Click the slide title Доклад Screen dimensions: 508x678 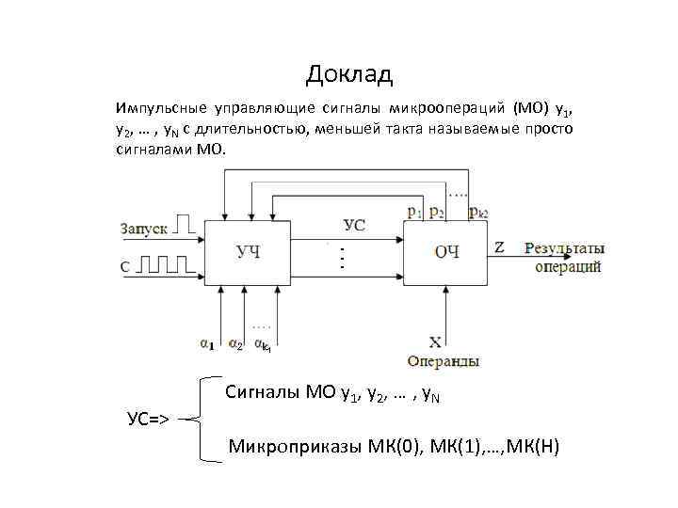point(348,72)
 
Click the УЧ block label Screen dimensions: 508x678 point(249,250)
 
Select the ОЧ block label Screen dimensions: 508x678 point(445,250)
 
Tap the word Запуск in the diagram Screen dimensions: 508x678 point(144,228)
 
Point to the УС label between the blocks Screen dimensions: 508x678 point(355,225)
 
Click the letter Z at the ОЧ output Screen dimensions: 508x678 point(499,247)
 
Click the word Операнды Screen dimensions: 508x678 point(444,361)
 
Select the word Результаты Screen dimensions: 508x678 point(563,248)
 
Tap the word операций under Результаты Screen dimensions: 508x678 point(568,267)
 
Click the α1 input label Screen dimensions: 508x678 point(206,344)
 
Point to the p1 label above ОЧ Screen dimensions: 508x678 point(414,213)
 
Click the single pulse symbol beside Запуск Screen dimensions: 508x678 point(187,225)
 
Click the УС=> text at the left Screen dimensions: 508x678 point(148,418)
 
